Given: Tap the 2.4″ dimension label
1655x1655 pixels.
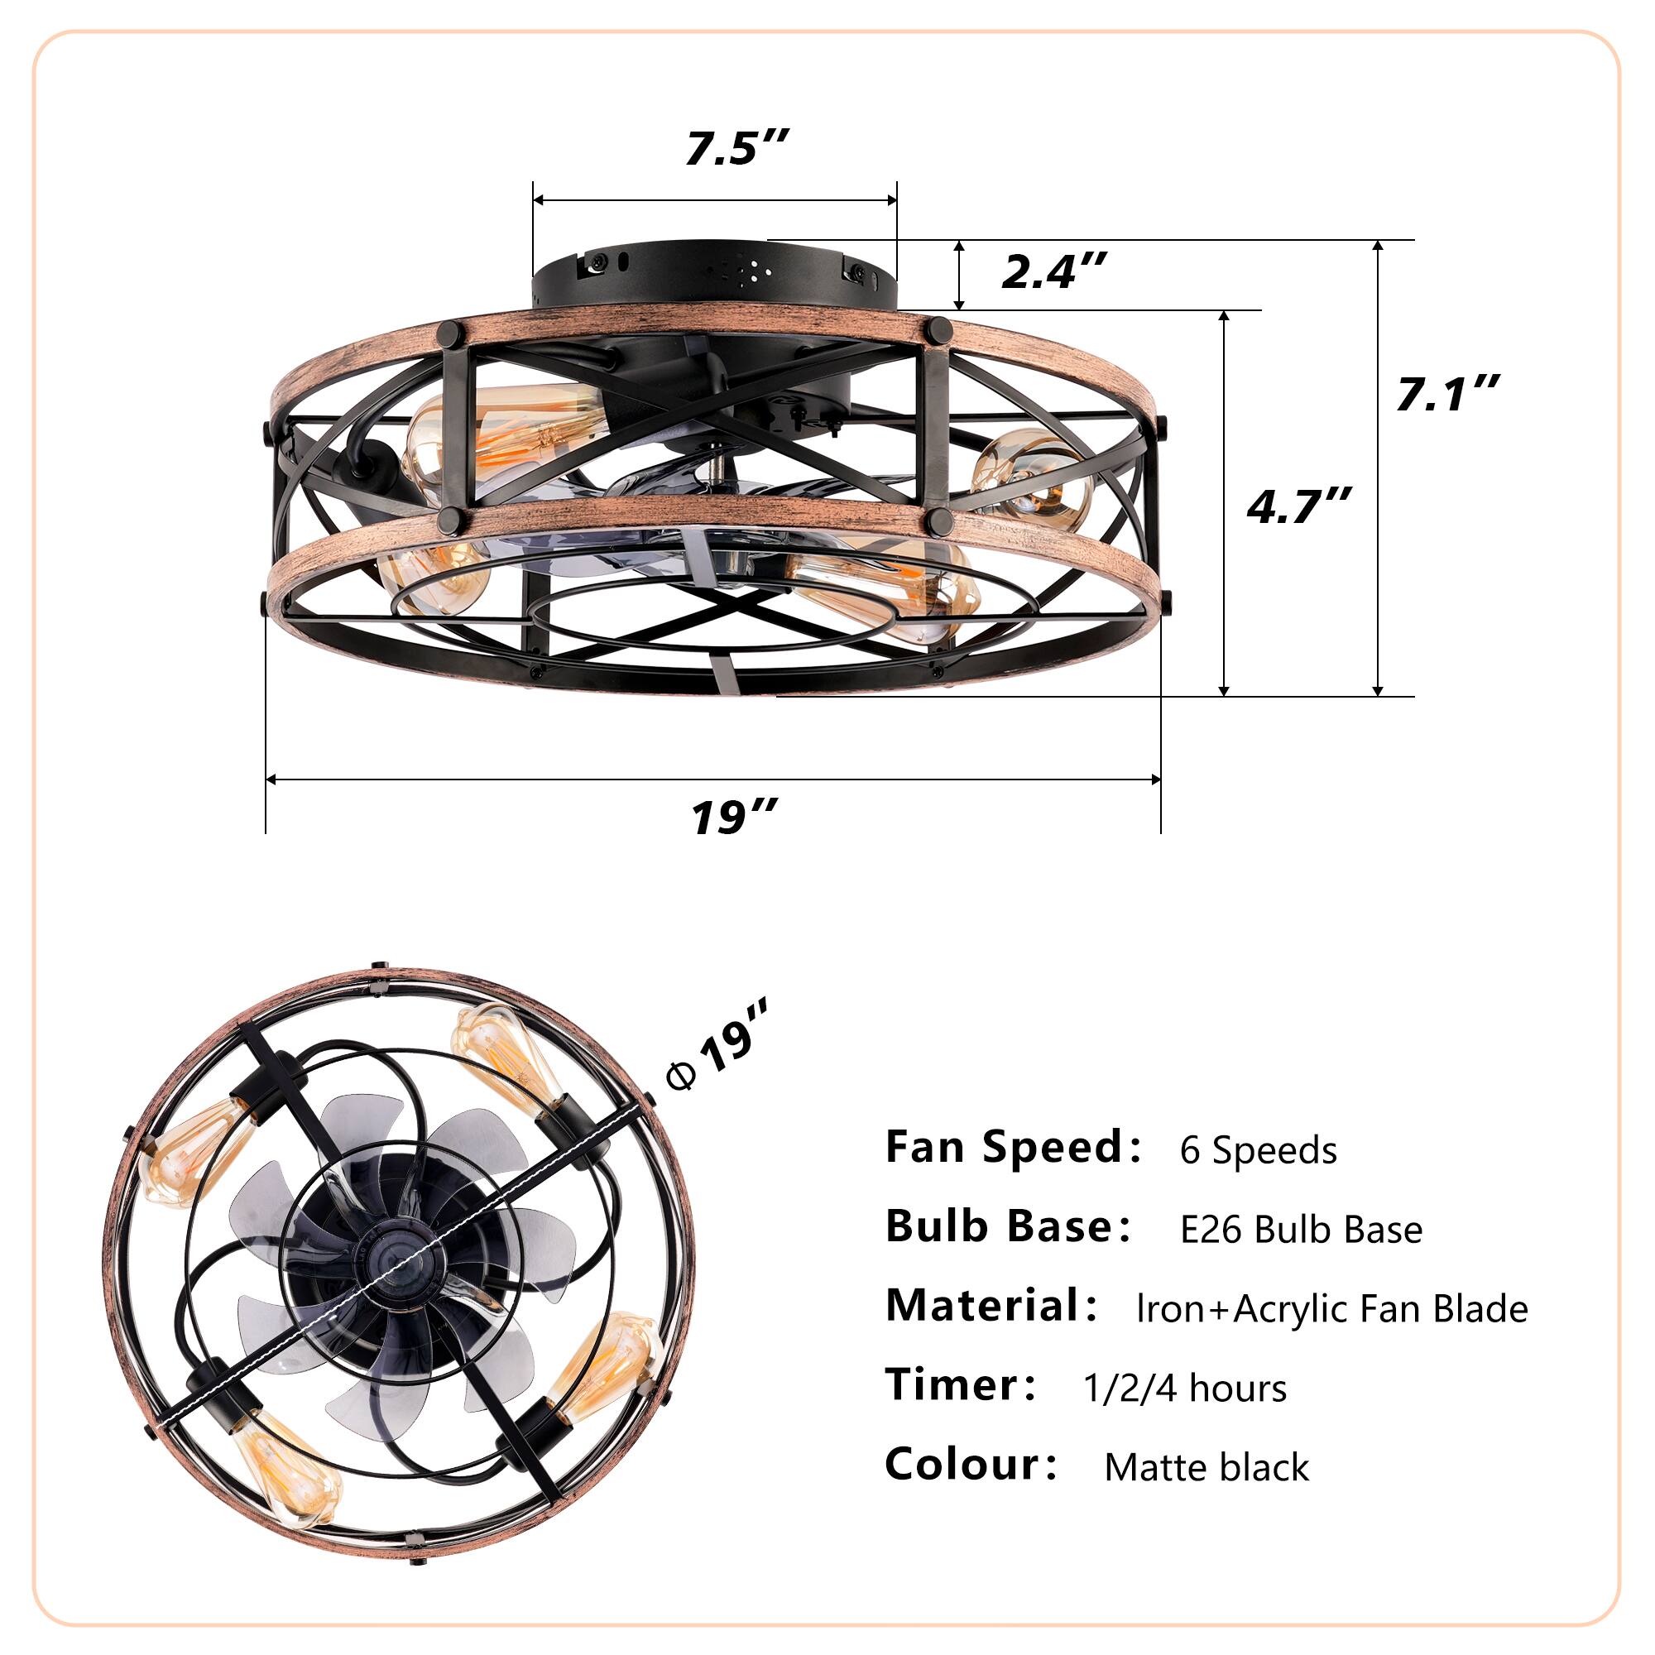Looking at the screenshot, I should [1053, 271].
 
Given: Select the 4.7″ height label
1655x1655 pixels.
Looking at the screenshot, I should [1298, 506].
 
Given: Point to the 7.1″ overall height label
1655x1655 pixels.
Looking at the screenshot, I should [1446, 394].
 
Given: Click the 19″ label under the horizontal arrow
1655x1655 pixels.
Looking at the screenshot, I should [734, 817].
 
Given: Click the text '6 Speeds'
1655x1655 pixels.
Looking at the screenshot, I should [1257, 1150].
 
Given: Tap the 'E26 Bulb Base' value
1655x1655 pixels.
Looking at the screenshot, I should [1300, 1230].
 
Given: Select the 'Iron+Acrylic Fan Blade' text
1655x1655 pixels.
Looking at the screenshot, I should [1331, 1309].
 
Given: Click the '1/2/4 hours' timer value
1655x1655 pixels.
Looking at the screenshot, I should [1184, 1389].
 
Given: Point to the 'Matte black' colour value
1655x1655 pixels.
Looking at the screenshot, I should [1206, 1468].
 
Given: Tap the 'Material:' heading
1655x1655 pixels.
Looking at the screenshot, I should [991, 1307].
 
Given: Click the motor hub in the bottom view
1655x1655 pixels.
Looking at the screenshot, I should [403, 1268].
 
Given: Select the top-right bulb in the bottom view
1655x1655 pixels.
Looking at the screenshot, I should [506, 1063].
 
